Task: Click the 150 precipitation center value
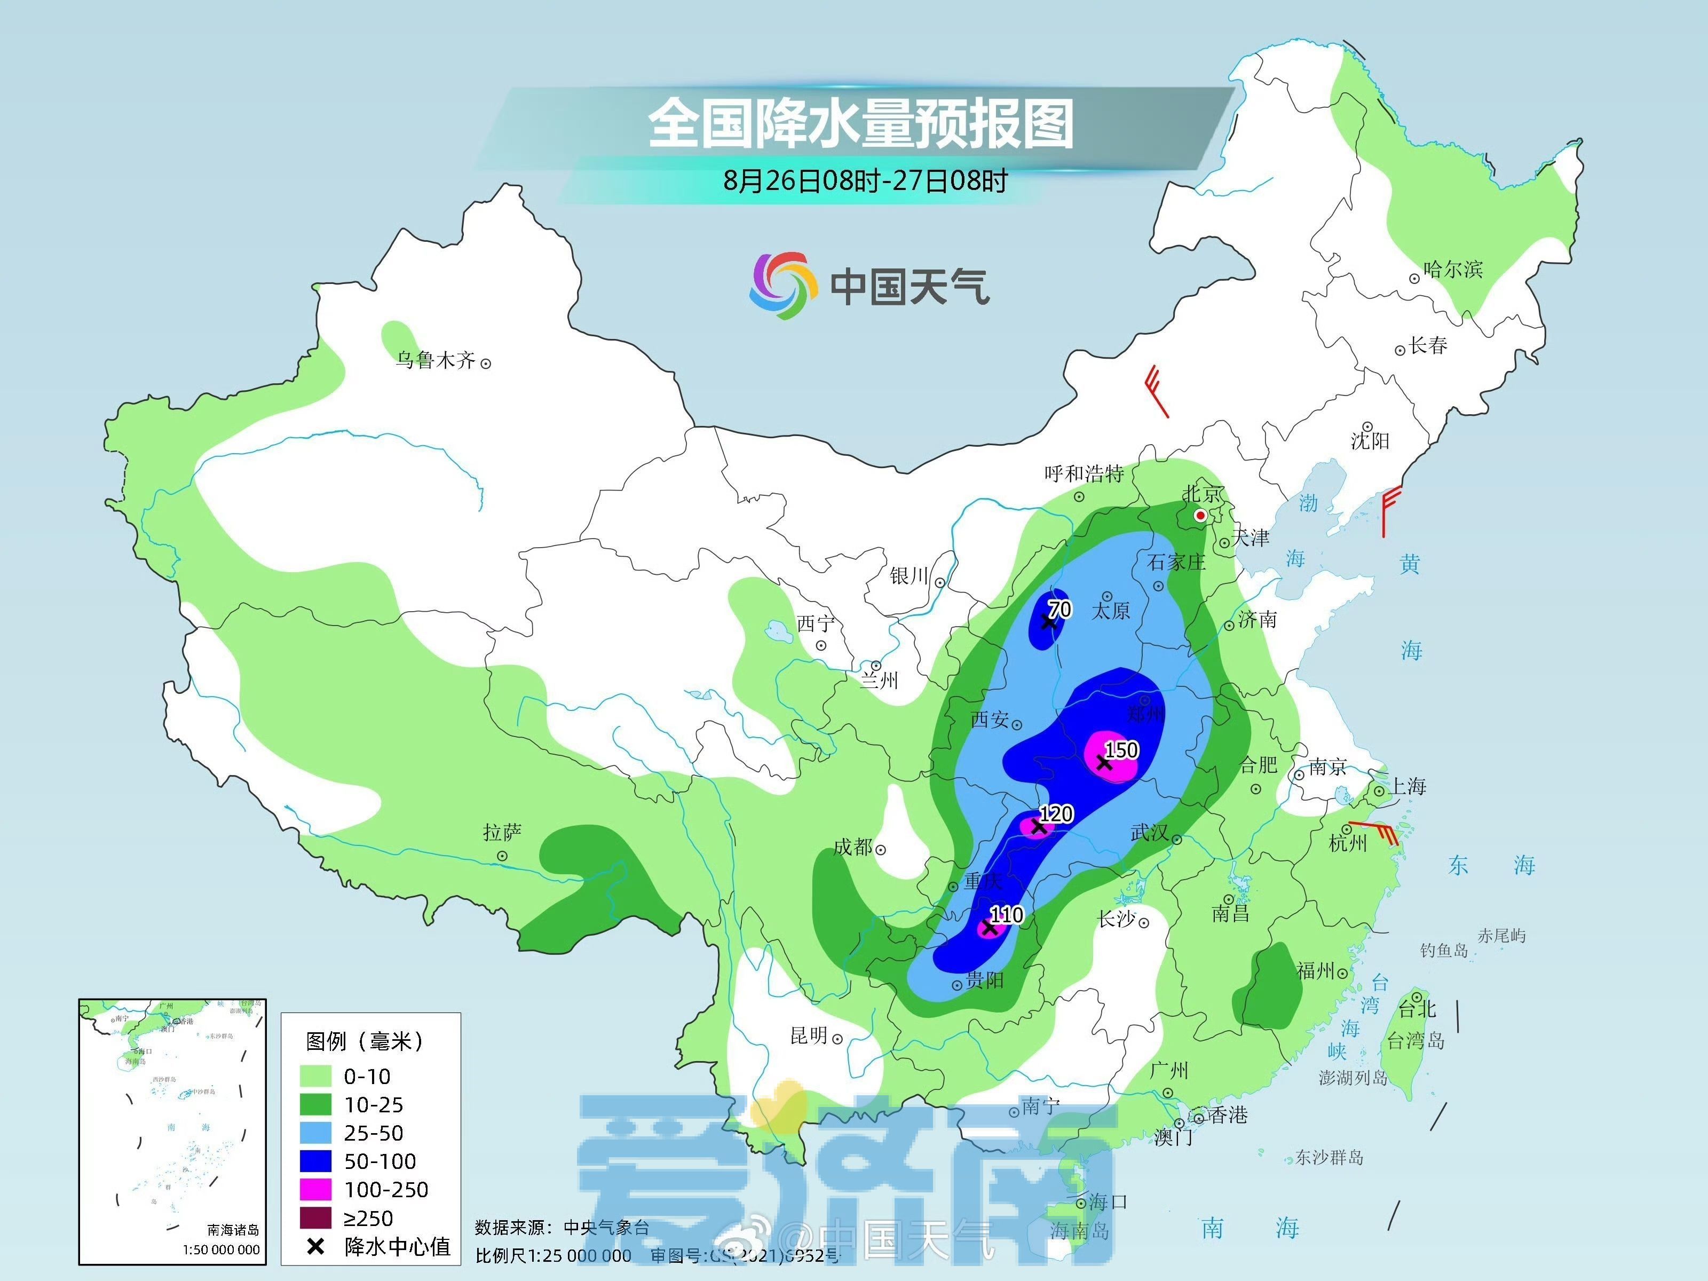tap(1121, 750)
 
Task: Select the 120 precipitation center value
tap(1056, 814)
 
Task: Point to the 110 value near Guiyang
tap(1006, 915)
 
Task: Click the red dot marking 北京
tap(1201, 515)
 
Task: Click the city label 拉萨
tap(502, 832)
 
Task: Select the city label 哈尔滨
tap(1453, 270)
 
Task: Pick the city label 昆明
tap(809, 1035)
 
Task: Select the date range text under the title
tap(865, 181)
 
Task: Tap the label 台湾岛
tap(1416, 1041)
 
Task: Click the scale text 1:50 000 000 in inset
tap(221, 1250)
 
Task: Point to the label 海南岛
tap(1079, 1231)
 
